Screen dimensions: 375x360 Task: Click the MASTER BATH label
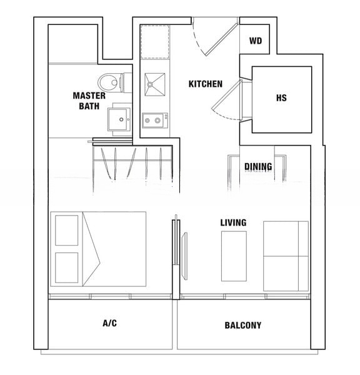(x=89, y=101)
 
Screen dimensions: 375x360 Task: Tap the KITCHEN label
(x=206, y=84)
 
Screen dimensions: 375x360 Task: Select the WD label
(x=255, y=42)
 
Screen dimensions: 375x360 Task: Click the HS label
(x=281, y=99)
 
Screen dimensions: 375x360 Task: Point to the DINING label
(x=258, y=167)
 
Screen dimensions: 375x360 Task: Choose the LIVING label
(x=233, y=222)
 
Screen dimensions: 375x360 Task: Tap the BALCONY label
(x=242, y=326)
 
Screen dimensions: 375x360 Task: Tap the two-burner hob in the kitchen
(x=153, y=119)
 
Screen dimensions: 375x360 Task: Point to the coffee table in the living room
(x=234, y=256)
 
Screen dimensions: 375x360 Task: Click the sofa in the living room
(x=286, y=256)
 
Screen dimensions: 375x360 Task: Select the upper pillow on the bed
(x=67, y=229)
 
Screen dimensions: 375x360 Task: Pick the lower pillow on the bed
(x=67, y=268)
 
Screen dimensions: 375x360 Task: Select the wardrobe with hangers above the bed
(x=132, y=164)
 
